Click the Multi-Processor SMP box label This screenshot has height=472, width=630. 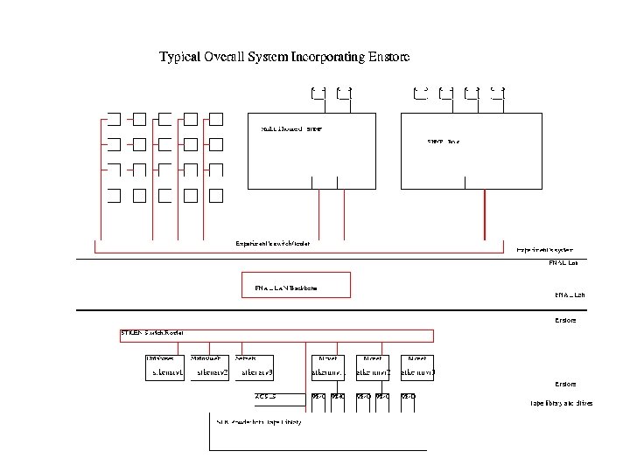tap(291, 129)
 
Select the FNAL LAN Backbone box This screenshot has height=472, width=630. tap(296, 285)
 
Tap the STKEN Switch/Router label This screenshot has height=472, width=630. tap(152, 332)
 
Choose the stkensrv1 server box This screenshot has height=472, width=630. tap(167, 373)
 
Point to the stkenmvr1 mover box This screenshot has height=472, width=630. tap(329, 373)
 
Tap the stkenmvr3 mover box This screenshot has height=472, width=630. tap(417, 373)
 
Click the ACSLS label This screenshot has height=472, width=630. tap(265, 397)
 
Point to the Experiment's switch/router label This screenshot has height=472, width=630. tap(272, 243)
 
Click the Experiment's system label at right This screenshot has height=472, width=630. tap(544, 249)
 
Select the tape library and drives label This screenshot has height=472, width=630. tap(561, 403)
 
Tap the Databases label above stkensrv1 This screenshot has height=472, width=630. tap(160, 358)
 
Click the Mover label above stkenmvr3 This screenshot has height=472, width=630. tap(417, 358)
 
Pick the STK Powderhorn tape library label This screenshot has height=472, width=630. tap(259, 422)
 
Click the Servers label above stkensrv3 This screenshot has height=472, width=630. tap(246, 358)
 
